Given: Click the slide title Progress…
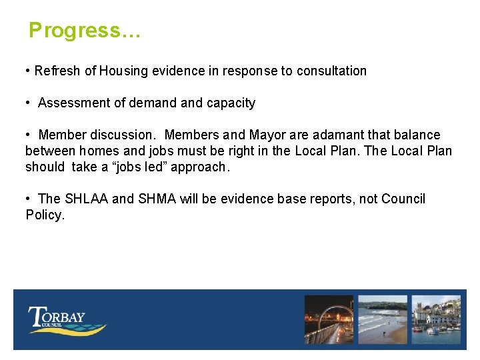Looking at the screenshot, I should coord(85,31).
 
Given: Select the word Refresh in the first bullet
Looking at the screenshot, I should coord(57,71).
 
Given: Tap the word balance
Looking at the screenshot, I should coord(415,135).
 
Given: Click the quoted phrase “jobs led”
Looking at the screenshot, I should coord(141,167).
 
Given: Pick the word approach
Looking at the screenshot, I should coord(199,167).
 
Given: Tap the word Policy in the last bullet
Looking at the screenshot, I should coord(44,215).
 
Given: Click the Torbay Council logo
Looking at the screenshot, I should coord(66,319).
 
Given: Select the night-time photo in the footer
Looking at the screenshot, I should coord(329,319).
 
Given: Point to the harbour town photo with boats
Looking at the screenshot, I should coord(435,319).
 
